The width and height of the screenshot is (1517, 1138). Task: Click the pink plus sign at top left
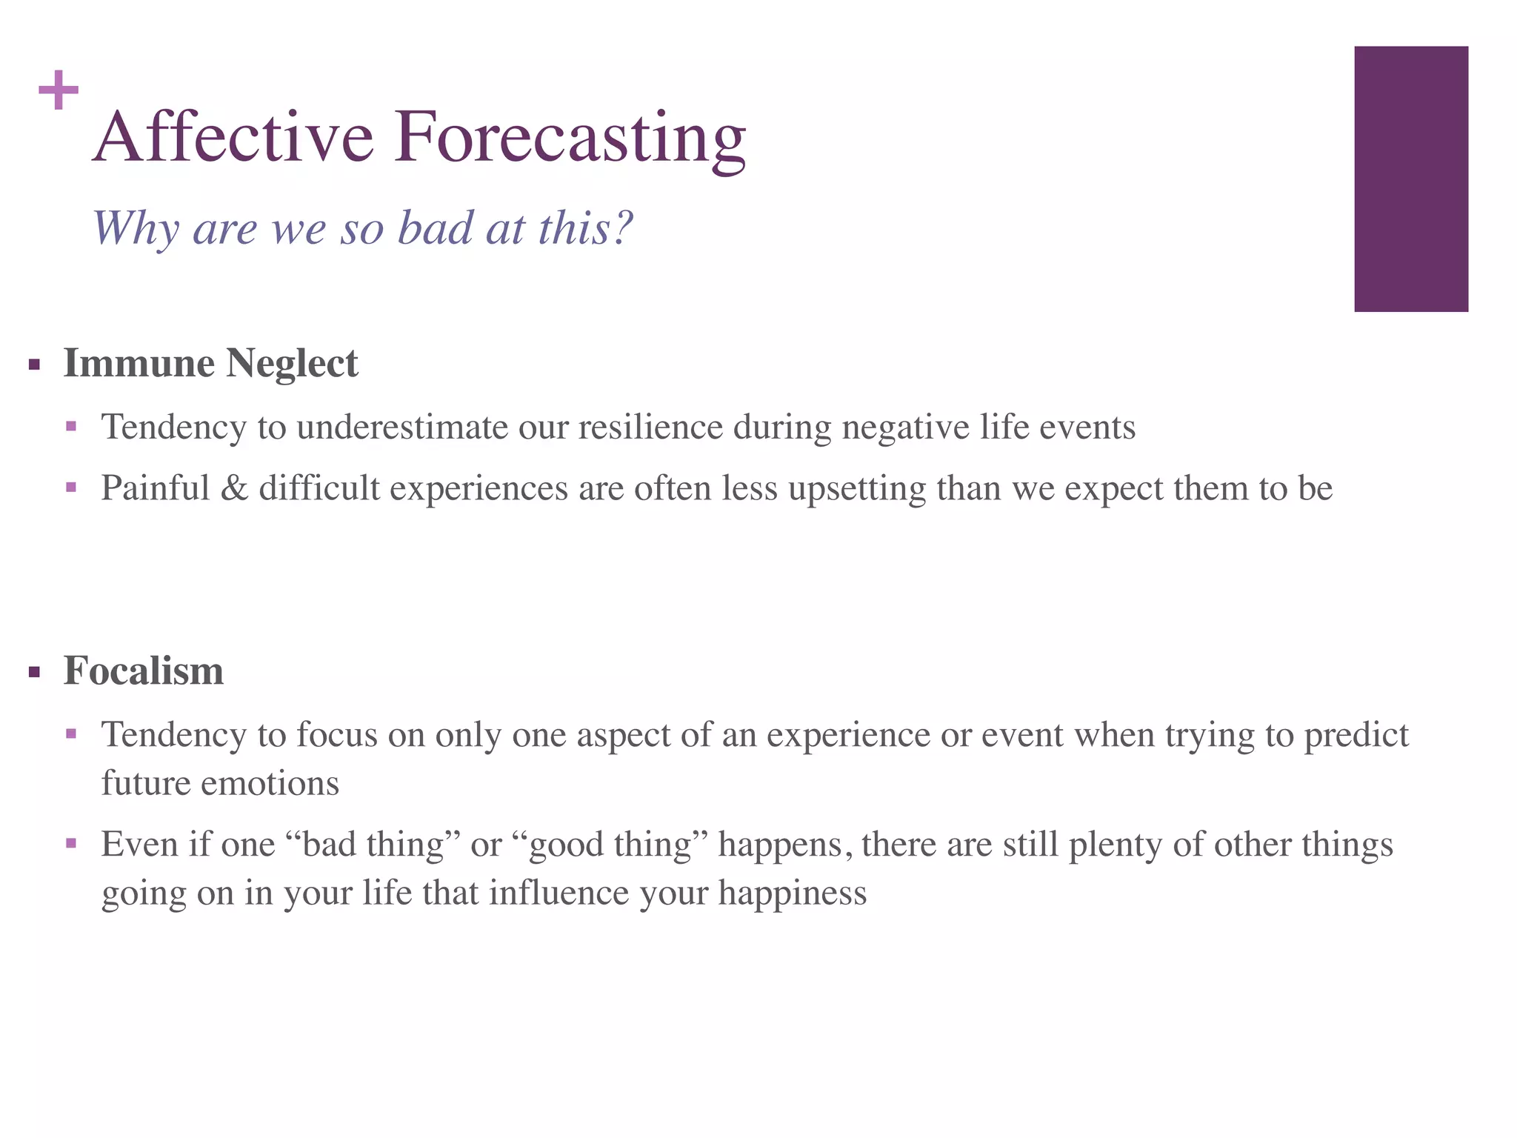59,90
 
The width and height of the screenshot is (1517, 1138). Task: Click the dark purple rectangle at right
1410,179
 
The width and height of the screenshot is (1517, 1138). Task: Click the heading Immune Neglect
210,364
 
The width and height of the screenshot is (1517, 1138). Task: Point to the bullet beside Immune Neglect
34,365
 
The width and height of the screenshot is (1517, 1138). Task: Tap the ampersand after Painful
234,488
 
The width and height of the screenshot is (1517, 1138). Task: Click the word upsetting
856,489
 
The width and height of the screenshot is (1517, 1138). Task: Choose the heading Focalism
143,671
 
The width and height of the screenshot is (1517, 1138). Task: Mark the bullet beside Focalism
34,673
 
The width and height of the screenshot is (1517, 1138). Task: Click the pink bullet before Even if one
71,843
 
